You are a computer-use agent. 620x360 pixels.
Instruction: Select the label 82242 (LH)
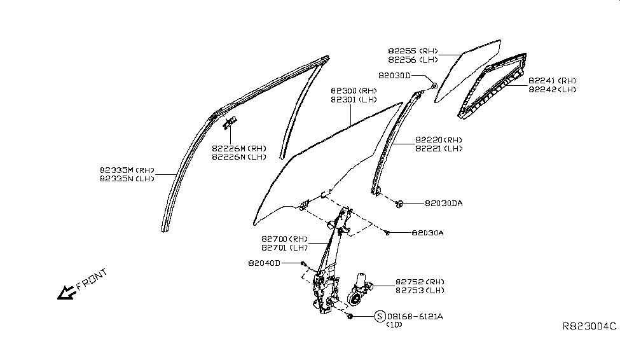tap(552, 90)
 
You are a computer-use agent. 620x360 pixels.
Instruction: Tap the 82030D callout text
tap(395, 75)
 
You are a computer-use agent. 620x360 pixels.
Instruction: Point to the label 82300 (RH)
tap(354, 91)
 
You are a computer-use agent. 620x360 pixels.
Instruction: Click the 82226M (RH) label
tap(238, 148)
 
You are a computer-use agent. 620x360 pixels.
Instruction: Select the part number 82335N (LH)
tap(127, 179)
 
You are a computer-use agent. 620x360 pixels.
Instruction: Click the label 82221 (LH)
tap(439, 149)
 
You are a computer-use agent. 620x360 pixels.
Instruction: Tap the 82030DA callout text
tap(444, 204)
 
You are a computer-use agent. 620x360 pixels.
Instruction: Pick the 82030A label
tap(427, 233)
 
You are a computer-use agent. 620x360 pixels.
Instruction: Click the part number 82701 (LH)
tap(282, 247)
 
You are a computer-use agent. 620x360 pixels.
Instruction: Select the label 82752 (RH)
tap(420, 282)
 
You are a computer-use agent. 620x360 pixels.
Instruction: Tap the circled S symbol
tap(380, 316)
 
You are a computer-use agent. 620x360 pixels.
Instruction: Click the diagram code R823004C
tap(589, 326)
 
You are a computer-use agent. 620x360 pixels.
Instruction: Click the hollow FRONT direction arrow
tap(65, 292)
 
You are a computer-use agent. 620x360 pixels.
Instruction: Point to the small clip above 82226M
tap(230, 122)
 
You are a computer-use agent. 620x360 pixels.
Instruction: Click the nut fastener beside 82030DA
tap(399, 204)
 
